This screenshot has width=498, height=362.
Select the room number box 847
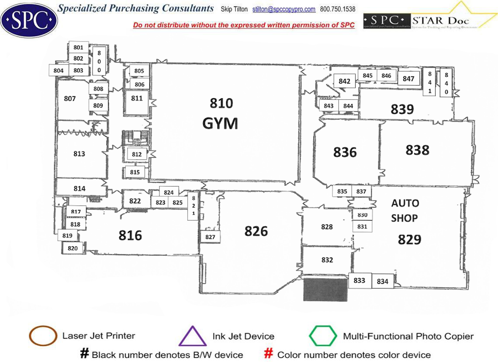coord(408,79)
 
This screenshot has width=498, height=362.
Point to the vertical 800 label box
coord(99,61)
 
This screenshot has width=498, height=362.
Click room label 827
coord(210,237)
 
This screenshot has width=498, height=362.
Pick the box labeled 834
coord(382,282)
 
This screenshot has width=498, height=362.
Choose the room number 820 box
coord(73,248)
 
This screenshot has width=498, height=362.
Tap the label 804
coord(59,70)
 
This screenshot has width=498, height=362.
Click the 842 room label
coord(345,81)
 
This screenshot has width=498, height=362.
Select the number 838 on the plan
coord(417,150)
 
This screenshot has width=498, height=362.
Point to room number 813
coord(79,154)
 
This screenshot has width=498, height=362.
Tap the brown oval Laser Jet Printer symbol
coord(42,336)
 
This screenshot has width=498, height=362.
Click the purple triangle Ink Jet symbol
coord(193,336)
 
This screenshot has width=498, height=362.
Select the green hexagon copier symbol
coord(323,336)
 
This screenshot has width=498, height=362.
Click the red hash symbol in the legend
coord(270,354)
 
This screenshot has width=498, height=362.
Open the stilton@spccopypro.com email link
coord(284,9)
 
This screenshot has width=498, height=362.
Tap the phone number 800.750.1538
coord(338,9)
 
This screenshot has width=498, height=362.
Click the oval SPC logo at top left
coord(29,20)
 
